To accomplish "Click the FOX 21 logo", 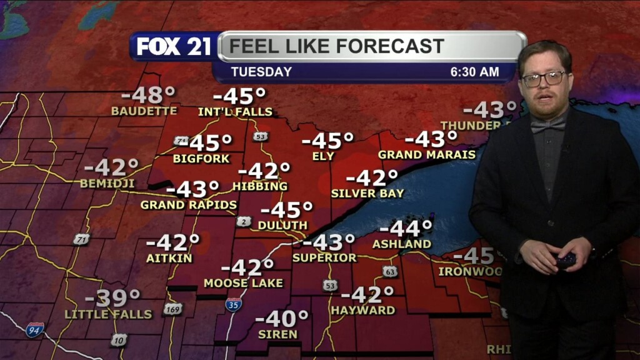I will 174,47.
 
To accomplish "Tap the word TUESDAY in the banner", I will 261,72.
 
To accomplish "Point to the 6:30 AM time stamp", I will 474,72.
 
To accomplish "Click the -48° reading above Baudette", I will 148,96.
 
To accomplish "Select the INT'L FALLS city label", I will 235,112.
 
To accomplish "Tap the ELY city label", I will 324,156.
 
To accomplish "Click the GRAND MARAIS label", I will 427,154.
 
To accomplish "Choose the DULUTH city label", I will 283,225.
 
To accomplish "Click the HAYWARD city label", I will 363,310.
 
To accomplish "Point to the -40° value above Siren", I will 282,318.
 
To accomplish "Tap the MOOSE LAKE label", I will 243,283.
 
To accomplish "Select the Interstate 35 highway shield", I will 233,304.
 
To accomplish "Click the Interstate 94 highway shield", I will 35,330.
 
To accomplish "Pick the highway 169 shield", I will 173,309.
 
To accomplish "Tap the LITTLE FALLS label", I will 109,314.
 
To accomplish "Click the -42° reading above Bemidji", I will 111,167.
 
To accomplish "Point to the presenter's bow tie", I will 547,125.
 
